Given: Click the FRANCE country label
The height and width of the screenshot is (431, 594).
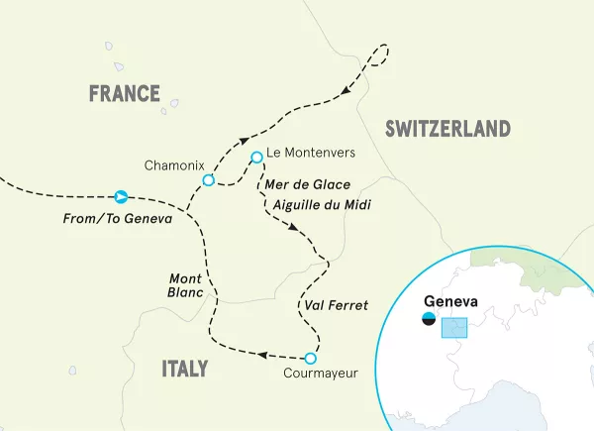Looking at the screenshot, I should coord(124,94).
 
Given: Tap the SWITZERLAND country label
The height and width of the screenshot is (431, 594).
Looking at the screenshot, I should coord(447,129).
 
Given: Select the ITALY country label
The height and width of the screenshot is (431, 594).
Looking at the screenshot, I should coord(184,370).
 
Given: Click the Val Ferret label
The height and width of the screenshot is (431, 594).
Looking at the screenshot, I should coord(332,305).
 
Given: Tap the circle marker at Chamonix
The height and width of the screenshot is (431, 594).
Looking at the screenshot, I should coord(208,180).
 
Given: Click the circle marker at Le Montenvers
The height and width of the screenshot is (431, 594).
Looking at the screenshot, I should coord(256,156).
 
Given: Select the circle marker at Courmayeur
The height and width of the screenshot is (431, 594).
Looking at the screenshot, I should coord(310,358).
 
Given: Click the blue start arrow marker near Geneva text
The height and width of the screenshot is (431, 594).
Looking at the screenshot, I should coord(121,196).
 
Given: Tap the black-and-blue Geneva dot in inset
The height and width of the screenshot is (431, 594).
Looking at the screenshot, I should coord(429,319).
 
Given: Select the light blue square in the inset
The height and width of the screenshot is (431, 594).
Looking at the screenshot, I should coord(453,328).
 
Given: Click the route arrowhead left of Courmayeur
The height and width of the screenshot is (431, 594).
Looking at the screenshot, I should coord(263,353).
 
